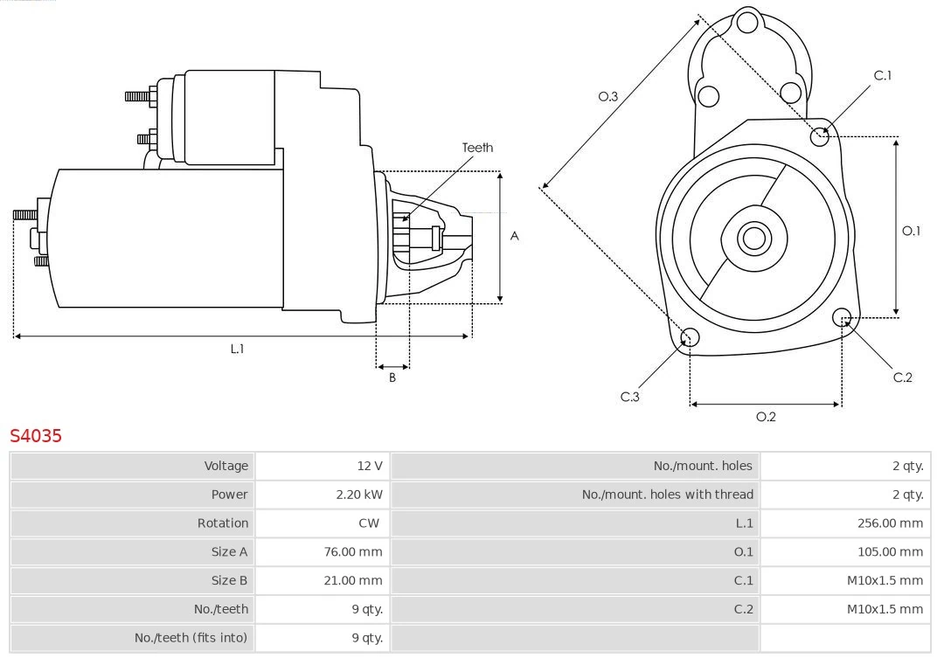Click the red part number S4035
(36, 435)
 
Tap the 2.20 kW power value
(359, 495)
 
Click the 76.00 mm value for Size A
(353, 552)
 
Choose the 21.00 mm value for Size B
(353, 580)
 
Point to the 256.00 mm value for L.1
(890, 523)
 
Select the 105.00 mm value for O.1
(890, 552)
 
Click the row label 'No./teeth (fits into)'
(191, 638)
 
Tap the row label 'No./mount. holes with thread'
(667, 495)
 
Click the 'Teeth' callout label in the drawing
(477, 148)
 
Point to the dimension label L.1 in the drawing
(237, 349)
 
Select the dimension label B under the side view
(392, 377)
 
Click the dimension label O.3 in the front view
(607, 96)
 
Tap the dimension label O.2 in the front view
(766, 417)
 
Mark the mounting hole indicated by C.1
(820, 135)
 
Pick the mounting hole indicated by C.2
(842, 316)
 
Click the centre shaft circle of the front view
(753, 238)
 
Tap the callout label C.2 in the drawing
(902, 377)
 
